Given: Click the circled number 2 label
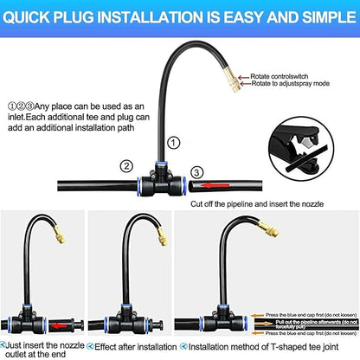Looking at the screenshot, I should pyautogui.click(x=126, y=165).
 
